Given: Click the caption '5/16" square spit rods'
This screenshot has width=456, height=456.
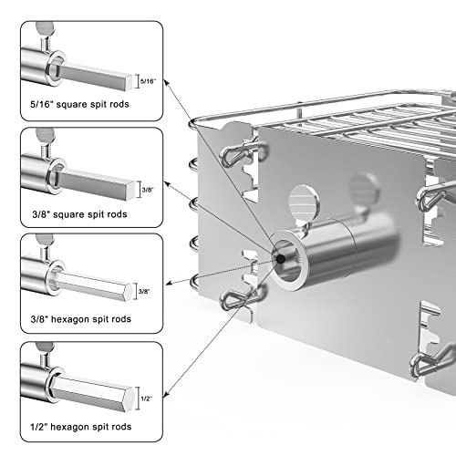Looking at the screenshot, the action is pos(79,104).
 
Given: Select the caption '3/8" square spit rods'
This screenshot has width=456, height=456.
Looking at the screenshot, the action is pos(79,214).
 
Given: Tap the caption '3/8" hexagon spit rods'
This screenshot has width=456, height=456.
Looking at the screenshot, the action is pos(81,319).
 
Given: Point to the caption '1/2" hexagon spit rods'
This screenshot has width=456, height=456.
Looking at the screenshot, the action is pos(81,427).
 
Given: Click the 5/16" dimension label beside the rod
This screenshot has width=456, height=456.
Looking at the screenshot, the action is pos(148,81).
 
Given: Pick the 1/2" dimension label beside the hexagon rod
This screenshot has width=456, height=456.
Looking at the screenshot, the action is pos(147,399).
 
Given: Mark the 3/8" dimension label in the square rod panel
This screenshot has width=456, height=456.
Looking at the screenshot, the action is pos(148,190).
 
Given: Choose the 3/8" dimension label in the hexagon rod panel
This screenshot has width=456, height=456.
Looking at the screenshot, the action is pos(144,292).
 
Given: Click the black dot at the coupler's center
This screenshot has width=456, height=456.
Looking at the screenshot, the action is pos(281,259).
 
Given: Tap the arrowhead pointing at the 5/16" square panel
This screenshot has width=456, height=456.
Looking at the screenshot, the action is pos(166,82).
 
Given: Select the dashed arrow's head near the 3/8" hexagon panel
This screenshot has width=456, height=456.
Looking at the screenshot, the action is pos(169,284).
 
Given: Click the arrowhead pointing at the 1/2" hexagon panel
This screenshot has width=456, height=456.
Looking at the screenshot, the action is pos(166,395).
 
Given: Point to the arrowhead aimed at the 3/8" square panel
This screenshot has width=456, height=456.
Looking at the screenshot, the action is pos(167,183).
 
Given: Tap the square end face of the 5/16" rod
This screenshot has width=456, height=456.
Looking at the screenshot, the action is pos(130,82).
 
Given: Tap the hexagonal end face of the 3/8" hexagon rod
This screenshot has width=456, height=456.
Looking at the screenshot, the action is pos(129,292).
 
